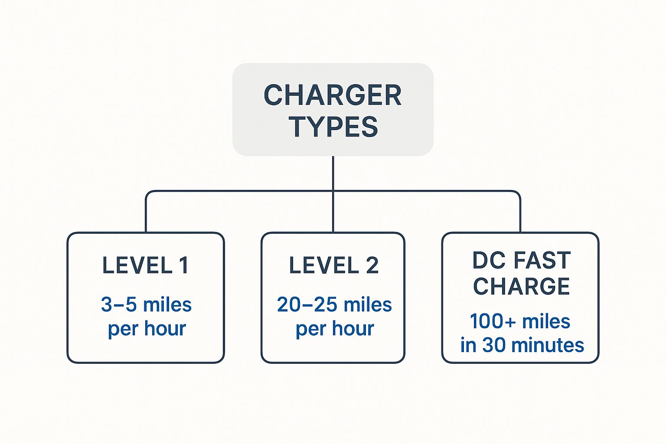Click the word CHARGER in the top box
333,95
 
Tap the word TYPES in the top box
333,127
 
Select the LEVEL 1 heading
145,265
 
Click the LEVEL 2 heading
333,265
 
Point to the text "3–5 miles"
146,304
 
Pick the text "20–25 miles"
334,304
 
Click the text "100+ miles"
520,321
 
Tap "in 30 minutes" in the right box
522,345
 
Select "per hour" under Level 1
147,330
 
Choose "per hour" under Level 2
335,330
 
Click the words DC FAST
522,260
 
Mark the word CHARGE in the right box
521,286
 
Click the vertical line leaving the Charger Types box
333,173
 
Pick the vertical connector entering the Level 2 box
333,212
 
